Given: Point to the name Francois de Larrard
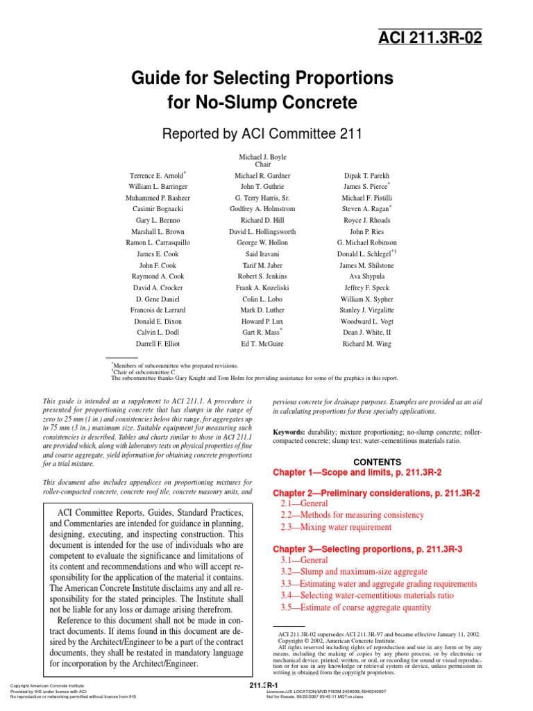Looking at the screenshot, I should coord(158,310).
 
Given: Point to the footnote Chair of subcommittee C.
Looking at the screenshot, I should coord(144,372).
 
